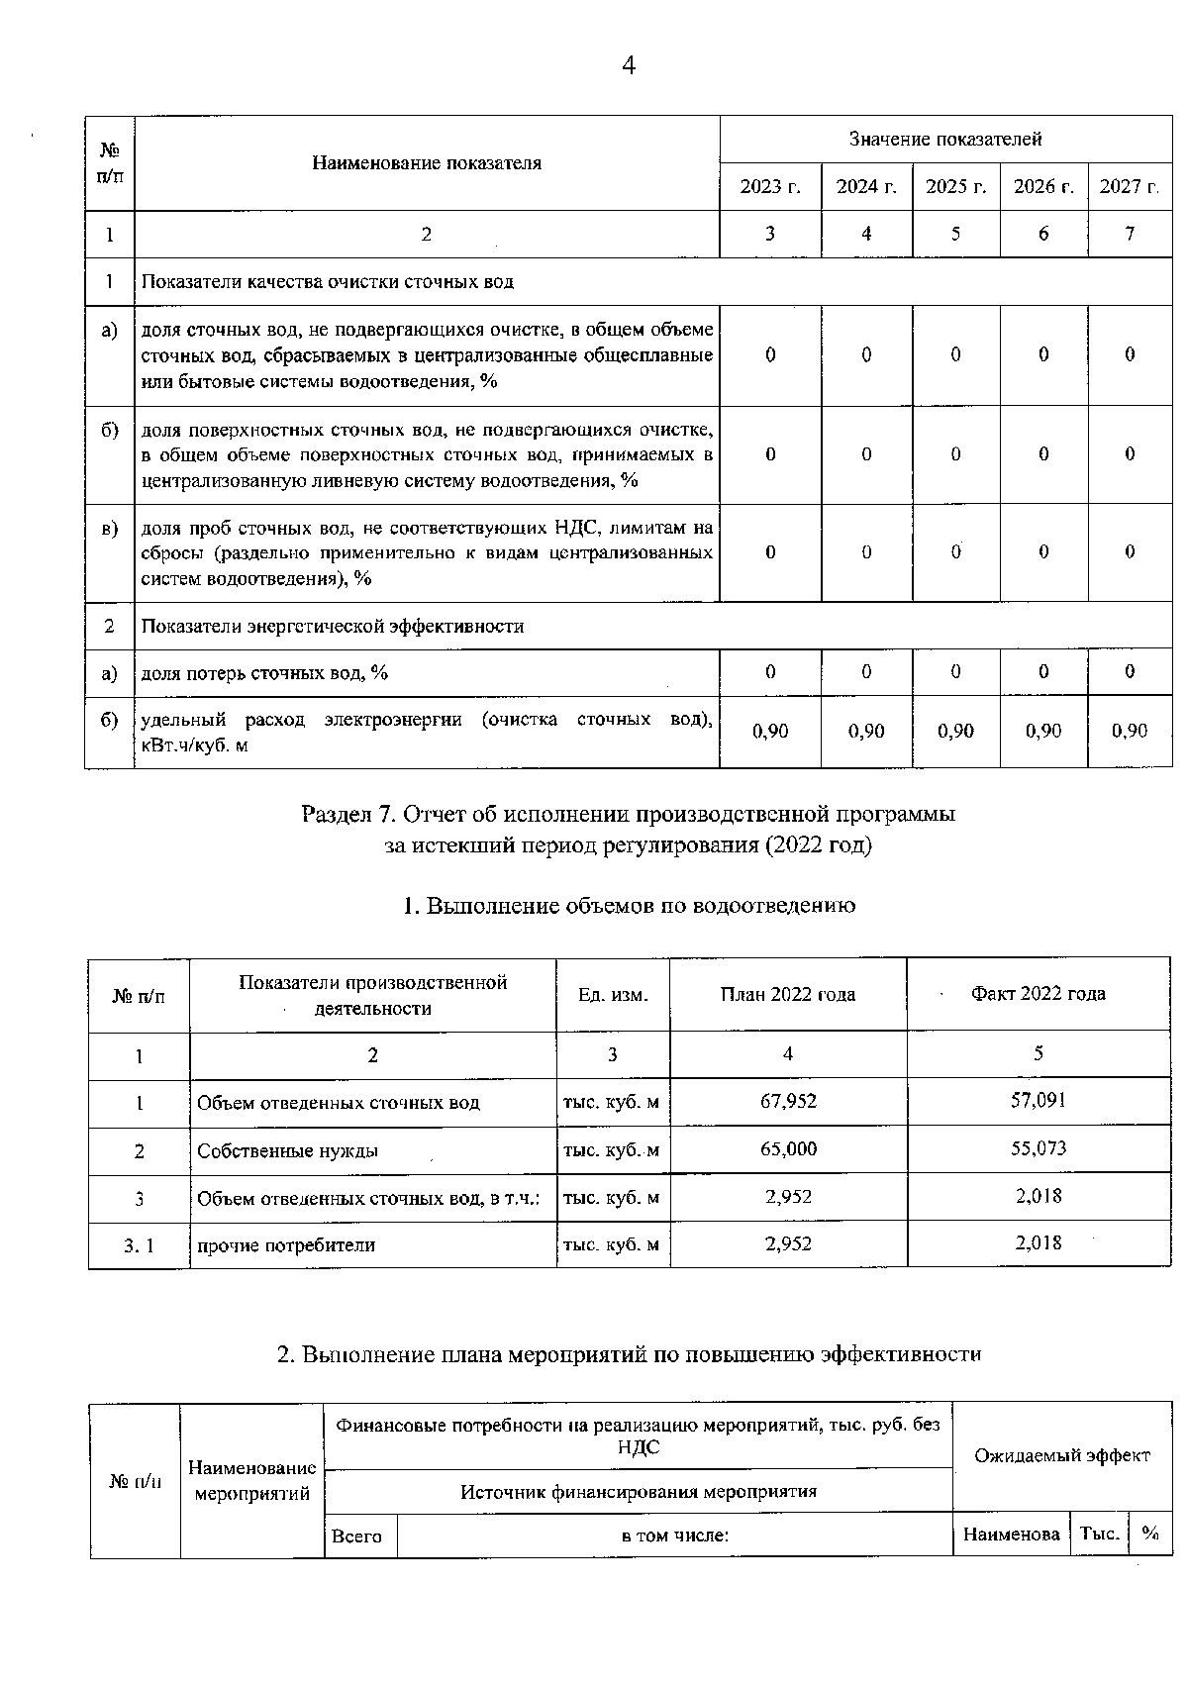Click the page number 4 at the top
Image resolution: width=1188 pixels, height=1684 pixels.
click(x=628, y=66)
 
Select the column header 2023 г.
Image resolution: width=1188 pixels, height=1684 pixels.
click(x=769, y=187)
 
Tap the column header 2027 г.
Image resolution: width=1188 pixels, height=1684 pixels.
click(x=1129, y=187)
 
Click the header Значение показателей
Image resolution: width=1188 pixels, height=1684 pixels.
click(x=944, y=140)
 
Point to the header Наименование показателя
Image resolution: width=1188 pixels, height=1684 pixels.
click(x=427, y=163)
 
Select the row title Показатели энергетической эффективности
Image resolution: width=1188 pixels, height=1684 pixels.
click(x=333, y=627)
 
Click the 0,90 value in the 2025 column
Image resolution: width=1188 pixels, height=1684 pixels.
click(x=955, y=732)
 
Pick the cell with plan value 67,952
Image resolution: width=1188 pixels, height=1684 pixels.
click(x=788, y=1101)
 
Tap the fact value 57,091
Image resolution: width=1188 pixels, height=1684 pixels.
click(x=1038, y=1100)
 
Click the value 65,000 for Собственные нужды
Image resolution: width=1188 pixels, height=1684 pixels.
click(x=788, y=1149)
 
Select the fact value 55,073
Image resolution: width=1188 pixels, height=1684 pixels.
click(x=1038, y=1148)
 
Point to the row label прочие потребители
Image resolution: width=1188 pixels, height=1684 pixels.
click(x=286, y=1245)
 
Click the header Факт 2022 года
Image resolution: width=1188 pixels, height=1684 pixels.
click(x=1038, y=994)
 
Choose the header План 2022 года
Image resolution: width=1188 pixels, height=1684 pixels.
click(x=788, y=995)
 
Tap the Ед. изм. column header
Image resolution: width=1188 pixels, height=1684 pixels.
click(x=613, y=995)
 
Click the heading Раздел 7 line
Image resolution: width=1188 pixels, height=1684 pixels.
click(x=628, y=815)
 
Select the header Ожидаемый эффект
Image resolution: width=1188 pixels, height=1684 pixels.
click(x=1061, y=1455)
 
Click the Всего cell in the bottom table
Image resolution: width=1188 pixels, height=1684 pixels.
click(x=356, y=1536)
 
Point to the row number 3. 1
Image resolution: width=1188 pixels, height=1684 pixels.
click(x=139, y=1245)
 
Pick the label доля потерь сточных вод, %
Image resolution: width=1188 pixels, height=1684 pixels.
click(x=264, y=673)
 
